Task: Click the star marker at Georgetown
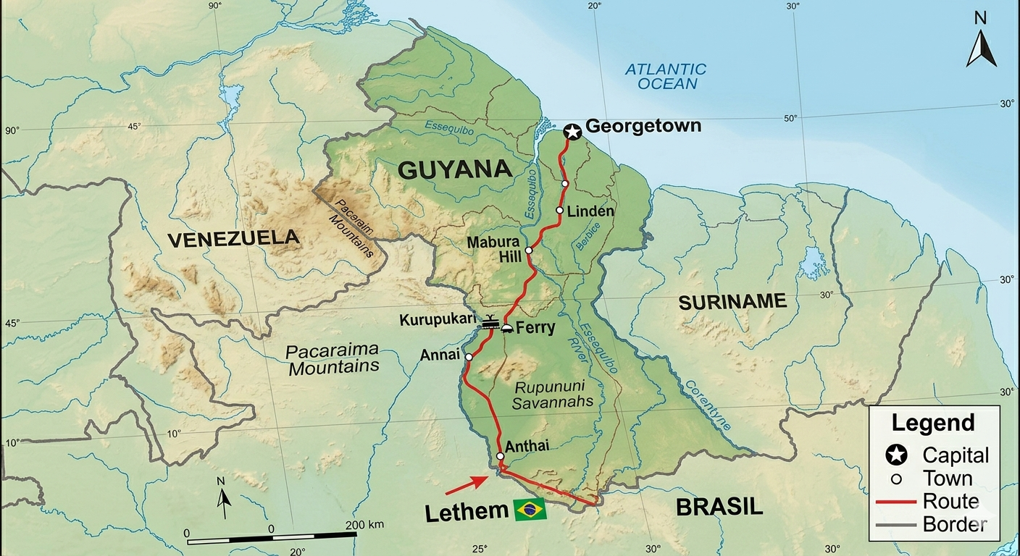click(572, 132)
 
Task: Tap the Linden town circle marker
click(559, 211)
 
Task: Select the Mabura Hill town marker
click(529, 250)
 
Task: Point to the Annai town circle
click(469, 357)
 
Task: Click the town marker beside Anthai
click(500, 456)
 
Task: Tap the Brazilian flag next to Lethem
click(530, 510)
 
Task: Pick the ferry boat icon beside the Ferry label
click(506, 328)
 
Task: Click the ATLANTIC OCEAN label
click(665, 76)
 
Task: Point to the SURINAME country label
click(732, 302)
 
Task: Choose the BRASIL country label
click(719, 507)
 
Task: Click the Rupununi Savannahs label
click(552, 395)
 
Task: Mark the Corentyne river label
click(707, 405)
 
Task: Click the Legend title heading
click(933, 423)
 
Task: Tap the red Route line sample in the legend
click(896, 502)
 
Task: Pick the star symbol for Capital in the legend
click(896, 455)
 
